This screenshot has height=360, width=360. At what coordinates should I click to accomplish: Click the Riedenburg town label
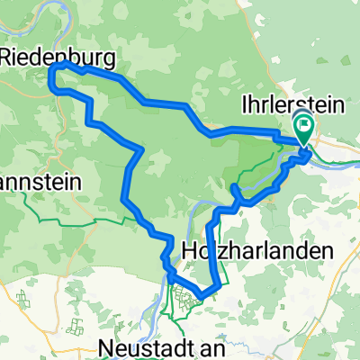(59, 57)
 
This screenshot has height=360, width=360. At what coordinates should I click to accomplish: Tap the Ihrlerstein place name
(293, 104)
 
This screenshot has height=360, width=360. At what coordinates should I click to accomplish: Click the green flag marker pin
(305, 131)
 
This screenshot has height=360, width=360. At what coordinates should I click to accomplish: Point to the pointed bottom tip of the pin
(305, 147)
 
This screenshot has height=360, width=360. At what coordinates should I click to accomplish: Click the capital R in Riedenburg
(11, 57)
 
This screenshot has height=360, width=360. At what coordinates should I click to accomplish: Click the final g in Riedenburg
(109, 59)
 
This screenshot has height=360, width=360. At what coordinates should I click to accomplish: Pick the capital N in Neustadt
(108, 347)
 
